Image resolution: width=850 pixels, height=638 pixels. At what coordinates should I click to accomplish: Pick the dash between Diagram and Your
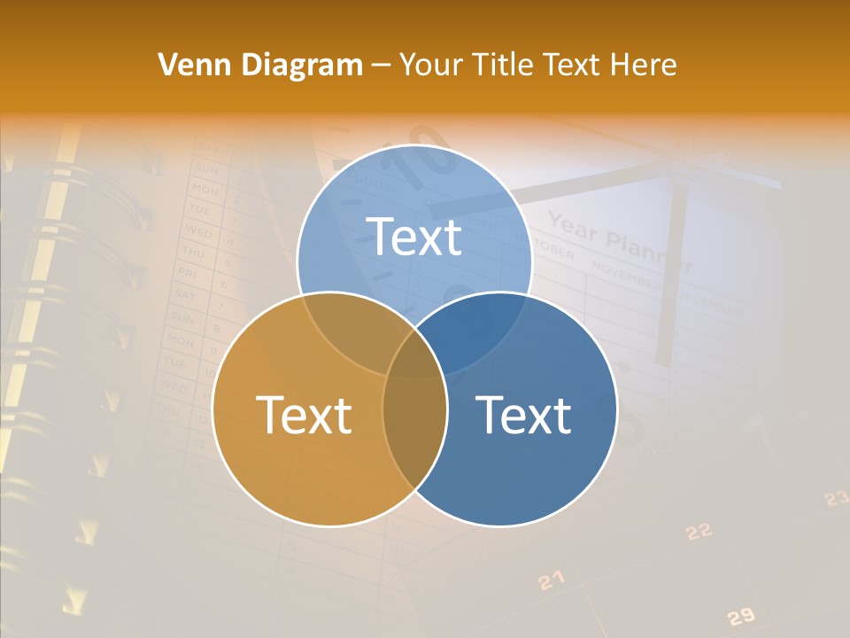tap(381, 66)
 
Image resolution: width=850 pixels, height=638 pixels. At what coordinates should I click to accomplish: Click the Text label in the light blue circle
tap(413, 237)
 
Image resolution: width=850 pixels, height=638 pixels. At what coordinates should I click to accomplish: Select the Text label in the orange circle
tap(304, 415)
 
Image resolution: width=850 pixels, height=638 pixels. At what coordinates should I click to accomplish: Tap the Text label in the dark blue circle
tap(523, 415)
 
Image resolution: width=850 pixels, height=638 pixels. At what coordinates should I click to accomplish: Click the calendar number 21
tap(551, 580)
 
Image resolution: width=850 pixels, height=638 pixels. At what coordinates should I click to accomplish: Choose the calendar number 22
tap(699, 531)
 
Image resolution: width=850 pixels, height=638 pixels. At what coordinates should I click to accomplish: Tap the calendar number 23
tap(836, 499)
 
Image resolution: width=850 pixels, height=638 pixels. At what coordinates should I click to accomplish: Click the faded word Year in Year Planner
tap(572, 228)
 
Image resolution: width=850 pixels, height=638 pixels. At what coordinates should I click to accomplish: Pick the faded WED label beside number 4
tap(197, 230)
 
